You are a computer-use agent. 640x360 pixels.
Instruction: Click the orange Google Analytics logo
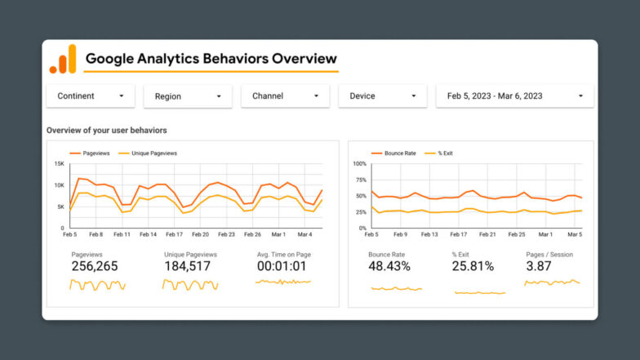coord(63,60)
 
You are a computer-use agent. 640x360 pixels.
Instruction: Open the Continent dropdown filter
coord(90,96)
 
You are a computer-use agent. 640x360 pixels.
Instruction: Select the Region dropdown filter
coord(188,96)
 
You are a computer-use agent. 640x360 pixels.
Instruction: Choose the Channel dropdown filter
coord(285,96)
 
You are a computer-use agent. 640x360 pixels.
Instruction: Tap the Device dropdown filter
coord(382,96)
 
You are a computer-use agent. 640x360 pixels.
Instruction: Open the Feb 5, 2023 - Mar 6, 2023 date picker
coord(514,96)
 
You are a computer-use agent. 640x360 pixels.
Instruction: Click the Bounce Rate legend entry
coord(395,153)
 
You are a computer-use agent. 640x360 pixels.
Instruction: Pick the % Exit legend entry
coord(447,153)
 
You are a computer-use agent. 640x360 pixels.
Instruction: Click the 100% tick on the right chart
coord(358,164)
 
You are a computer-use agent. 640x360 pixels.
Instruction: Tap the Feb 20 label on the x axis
coord(200,234)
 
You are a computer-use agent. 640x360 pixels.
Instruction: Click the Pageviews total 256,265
coord(95,266)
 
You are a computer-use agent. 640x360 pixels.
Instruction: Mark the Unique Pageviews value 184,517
coord(187,266)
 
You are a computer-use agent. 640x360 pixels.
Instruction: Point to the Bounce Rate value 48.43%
coord(389,266)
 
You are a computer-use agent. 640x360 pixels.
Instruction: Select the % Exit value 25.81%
coord(473,266)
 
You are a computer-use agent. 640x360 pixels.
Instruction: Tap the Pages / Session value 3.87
coord(540,266)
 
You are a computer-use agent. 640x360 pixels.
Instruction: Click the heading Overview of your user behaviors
coord(107,131)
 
